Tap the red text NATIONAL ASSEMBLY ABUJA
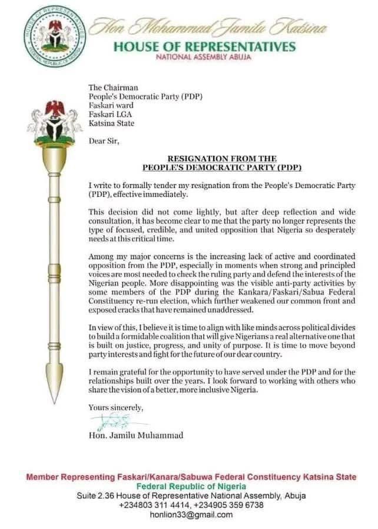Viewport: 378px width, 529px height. [203, 57]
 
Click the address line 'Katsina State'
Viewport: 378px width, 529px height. [111, 123]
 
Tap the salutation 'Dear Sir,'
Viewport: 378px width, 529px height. [103, 142]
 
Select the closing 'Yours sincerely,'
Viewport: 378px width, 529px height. [115, 407]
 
